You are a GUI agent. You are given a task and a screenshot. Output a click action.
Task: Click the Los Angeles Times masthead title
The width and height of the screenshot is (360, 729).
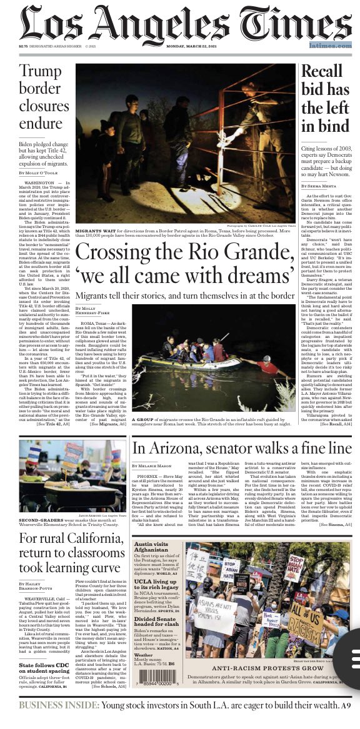[x=180, y=25]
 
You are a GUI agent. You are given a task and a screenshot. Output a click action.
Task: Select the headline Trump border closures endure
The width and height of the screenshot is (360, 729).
[x=41, y=96]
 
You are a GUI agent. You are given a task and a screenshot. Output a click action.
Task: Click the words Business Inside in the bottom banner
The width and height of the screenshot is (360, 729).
[x=55, y=705]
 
